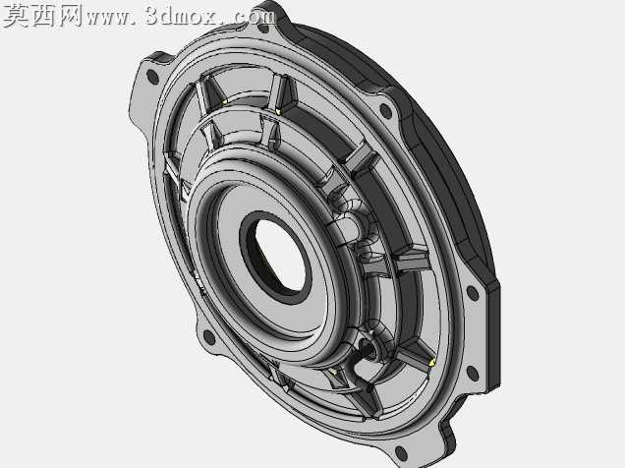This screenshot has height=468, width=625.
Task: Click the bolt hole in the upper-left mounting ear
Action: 152,76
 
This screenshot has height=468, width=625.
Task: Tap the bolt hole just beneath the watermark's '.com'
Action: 263,28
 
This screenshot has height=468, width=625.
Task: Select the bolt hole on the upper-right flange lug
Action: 385,110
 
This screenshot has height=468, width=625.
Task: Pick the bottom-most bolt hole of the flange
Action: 400,453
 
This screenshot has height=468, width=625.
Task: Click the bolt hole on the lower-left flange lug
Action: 208,337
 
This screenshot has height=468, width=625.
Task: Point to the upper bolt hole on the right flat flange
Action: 473,293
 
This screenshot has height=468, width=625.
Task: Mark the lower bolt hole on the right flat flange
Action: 473,374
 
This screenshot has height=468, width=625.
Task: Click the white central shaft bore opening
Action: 280,255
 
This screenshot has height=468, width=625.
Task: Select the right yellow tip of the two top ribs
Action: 278,110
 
